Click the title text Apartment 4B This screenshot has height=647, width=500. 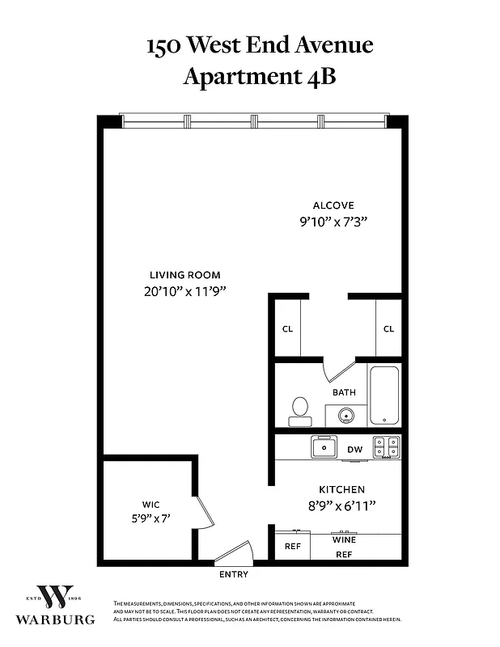pos(259,77)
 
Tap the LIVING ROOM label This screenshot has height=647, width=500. pos(184,275)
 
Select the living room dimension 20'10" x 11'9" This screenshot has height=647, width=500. pos(184,292)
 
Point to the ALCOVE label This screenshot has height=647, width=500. pos(334,205)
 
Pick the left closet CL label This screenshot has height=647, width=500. pos(287,329)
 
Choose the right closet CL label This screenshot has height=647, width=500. pos(388,329)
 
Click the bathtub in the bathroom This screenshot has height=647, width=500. pos(384,395)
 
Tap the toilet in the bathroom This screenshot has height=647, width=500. pos(300,410)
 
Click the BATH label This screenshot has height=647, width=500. pos(344,393)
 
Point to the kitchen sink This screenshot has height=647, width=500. pos(327,446)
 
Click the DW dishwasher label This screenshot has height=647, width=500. pos(354,449)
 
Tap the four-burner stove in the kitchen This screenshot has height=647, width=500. pos(386,446)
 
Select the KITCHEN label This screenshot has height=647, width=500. pos(341,489)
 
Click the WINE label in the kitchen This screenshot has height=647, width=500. pos(344,539)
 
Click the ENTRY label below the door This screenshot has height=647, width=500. pos(234,575)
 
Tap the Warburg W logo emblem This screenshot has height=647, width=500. pos(58,597)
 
